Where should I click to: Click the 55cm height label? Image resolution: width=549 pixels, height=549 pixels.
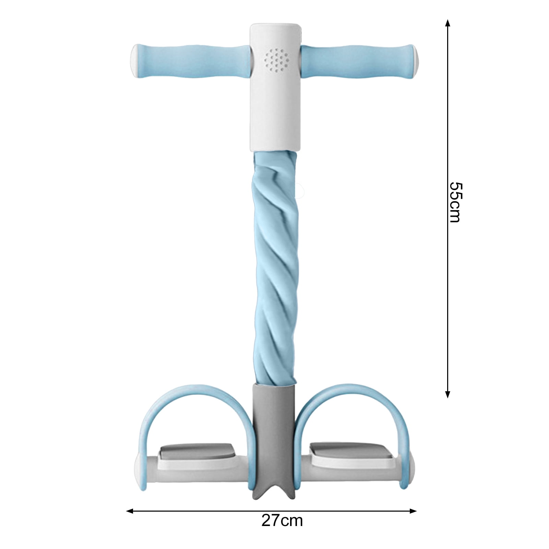point(456,202)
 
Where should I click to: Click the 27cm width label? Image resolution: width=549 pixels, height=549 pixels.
point(282,520)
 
